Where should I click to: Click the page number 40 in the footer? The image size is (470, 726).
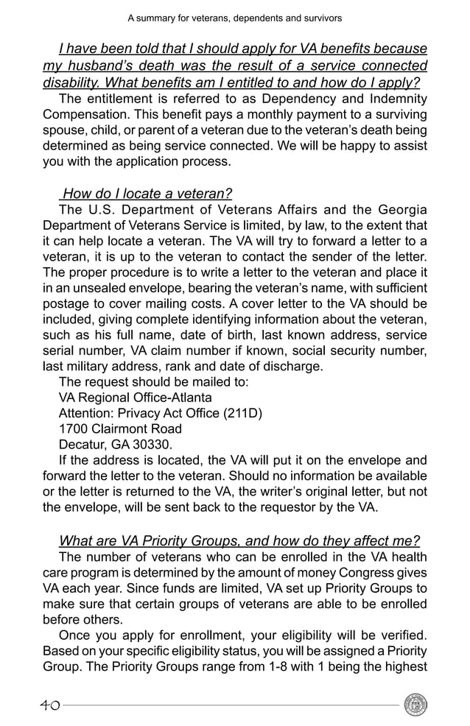tap(50, 705)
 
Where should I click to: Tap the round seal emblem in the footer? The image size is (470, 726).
tap(415, 705)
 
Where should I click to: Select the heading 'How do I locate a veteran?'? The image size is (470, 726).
tap(147, 194)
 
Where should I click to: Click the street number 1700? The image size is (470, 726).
tap(72, 429)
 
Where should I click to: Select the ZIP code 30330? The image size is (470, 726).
tap(150, 444)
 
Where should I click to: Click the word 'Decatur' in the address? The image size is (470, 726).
tap(82, 444)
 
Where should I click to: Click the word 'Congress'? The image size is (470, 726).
tap(365, 573)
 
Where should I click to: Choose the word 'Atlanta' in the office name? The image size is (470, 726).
tap(188, 397)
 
